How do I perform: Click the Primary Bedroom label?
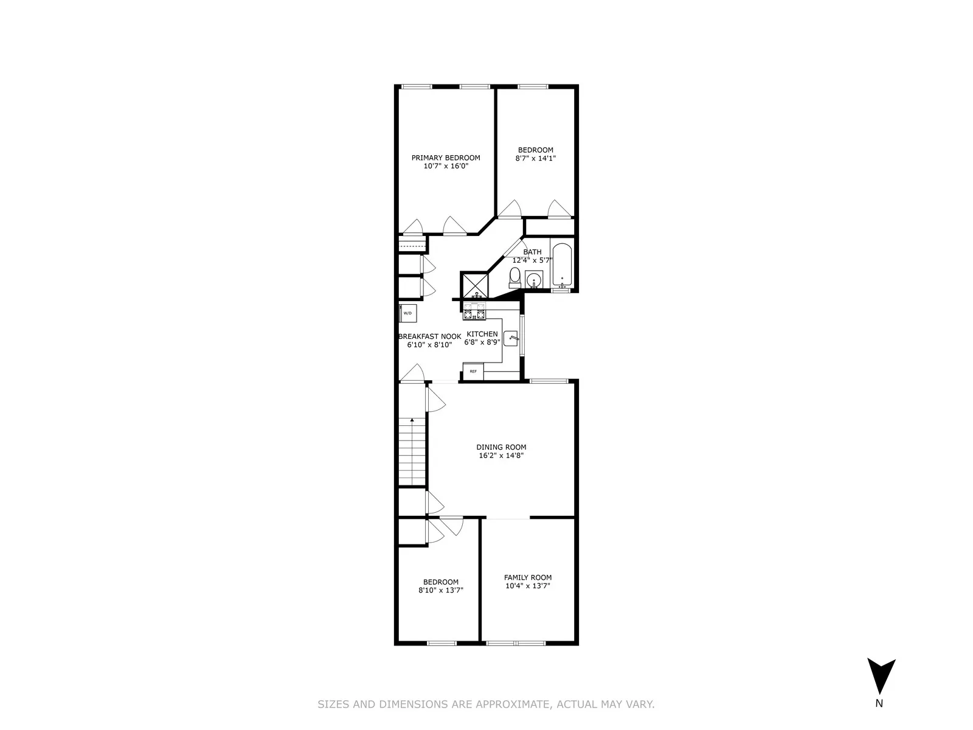coord(446,158)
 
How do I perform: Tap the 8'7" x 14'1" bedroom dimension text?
coord(535,158)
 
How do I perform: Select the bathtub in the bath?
coord(562,266)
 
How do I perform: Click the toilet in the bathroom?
coord(514,278)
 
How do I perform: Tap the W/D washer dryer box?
coord(407,313)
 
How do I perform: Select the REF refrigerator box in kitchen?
coord(473,370)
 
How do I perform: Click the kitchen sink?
coord(511,338)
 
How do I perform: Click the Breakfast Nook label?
coord(429,336)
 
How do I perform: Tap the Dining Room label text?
coord(501,447)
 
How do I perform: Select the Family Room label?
coord(528,578)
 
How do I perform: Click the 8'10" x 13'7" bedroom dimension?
coord(441,590)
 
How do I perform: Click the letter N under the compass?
coord(879,704)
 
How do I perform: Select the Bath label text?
coord(532,252)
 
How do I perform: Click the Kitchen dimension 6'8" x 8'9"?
coord(482,342)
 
